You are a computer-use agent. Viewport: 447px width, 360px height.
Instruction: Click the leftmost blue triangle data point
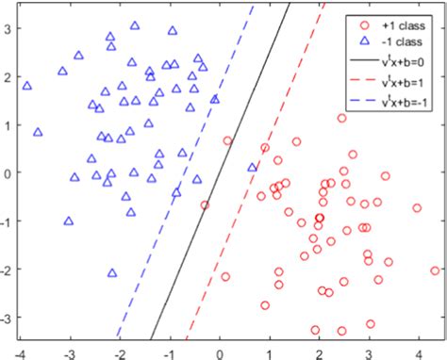click(26, 86)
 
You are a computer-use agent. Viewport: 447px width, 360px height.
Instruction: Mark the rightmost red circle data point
click(435, 270)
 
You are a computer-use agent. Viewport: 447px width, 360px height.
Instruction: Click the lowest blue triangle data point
click(112, 272)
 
